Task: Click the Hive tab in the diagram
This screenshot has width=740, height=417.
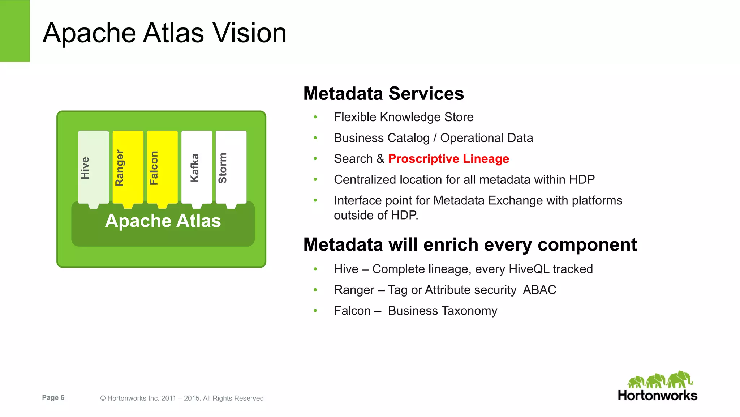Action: coord(93,167)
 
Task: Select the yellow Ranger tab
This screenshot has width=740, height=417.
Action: coord(128,167)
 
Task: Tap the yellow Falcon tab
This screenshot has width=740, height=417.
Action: coord(162,167)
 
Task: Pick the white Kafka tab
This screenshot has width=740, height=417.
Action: coord(197,167)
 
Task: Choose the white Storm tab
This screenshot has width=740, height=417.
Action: coord(231,167)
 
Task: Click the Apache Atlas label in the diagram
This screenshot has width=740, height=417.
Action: coord(163,221)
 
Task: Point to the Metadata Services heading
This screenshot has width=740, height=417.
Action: coord(383,94)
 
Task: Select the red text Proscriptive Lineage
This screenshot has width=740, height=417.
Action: coord(448,159)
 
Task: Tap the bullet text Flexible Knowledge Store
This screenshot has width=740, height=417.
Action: coord(404,117)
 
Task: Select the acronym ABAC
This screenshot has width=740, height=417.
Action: coord(539,290)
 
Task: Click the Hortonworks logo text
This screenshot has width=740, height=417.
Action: coord(657,395)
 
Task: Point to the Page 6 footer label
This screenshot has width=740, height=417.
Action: coord(53,398)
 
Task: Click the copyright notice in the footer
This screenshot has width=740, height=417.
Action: coord(182,398)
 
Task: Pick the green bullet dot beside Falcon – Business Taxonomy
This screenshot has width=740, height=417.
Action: coord(315,311)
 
